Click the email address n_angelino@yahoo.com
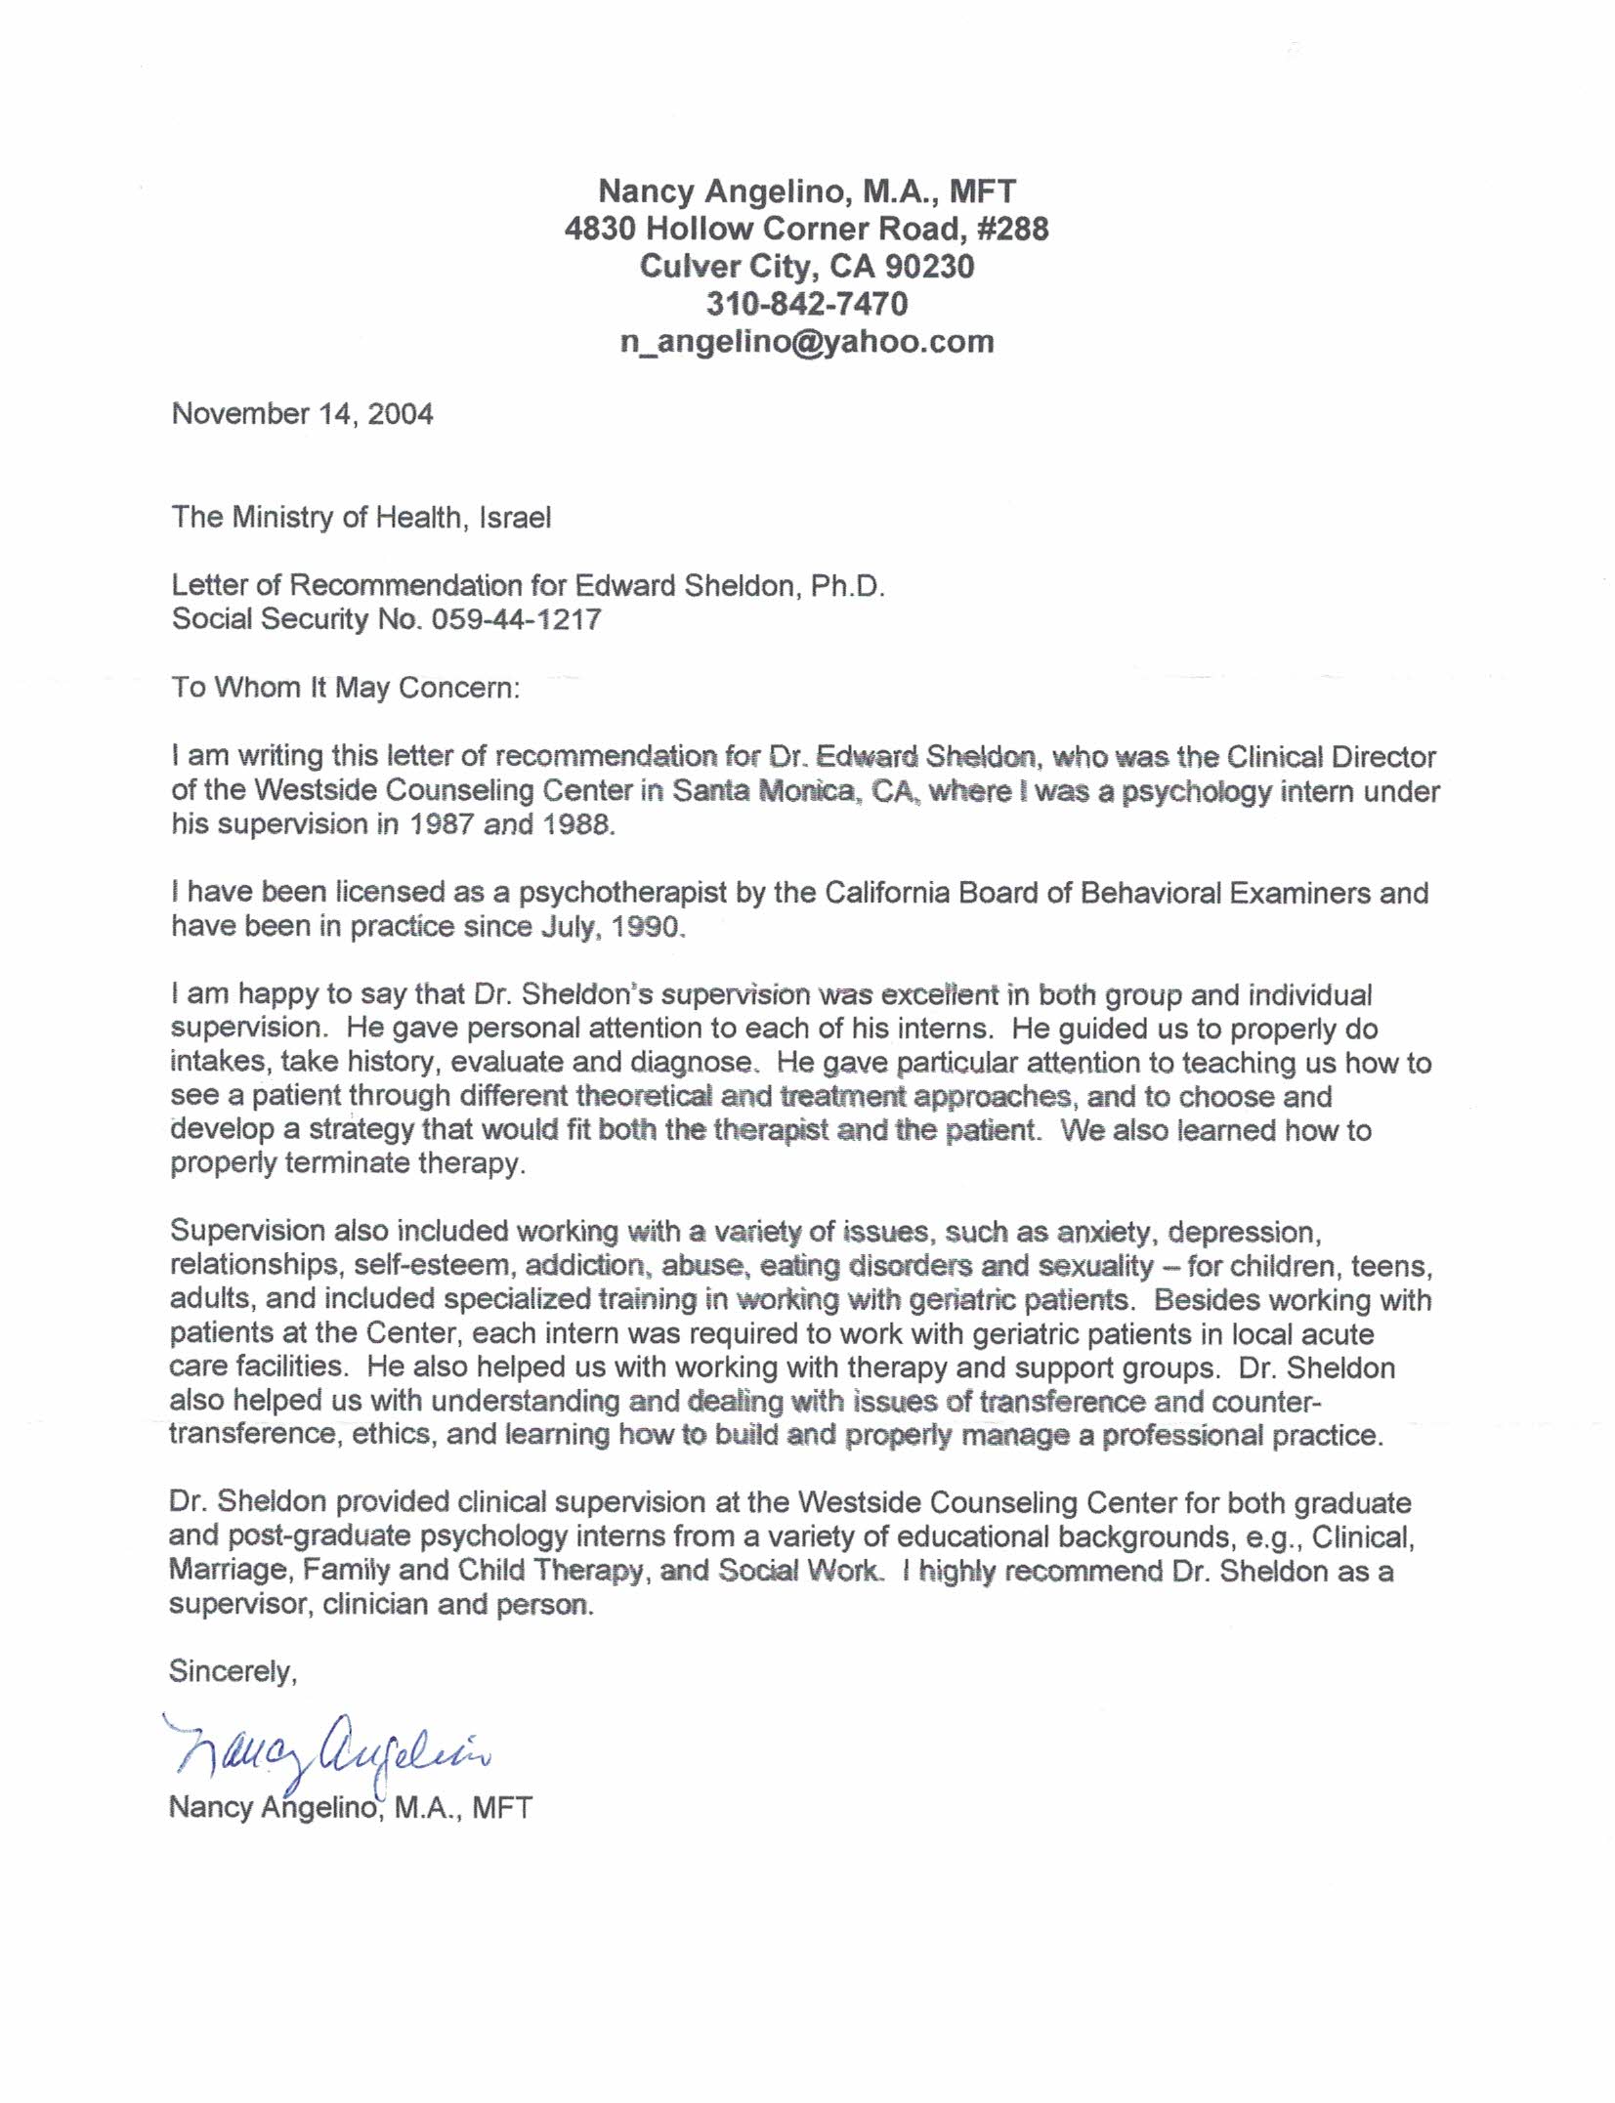tap(807, 341)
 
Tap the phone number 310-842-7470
tap(807, 304)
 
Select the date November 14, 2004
tap(303, 414)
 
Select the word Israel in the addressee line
tap(515, 517)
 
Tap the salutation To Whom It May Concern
tap(346, 688)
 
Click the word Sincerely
tap(233, 1671)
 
